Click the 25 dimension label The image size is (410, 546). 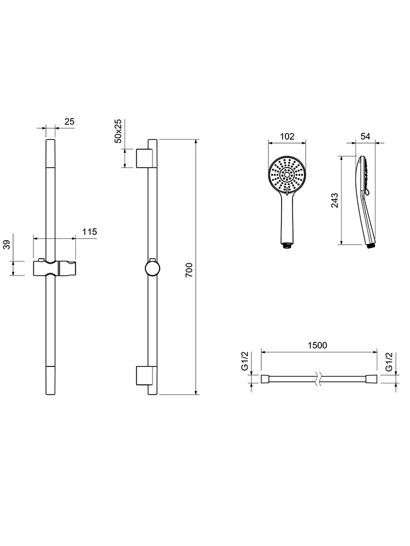pyautogui.click(x=69, y=122)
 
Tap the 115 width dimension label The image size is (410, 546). pyautogui.click(x=89, y=232)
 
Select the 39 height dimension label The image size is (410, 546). pyautogui.click(x=7, y=245)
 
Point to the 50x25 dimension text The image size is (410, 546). pyautogui.click(x=118, y=131)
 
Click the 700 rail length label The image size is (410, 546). pyautogui.click(x=189, y=270)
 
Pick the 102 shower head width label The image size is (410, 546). pyautogui.click(x=287, y=136)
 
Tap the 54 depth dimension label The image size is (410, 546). pyautogui.click(x=365, y=136)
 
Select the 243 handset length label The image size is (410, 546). pyautogui.click(x=335, y=200)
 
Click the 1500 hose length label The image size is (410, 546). pyautogui.click(x=317, y=345)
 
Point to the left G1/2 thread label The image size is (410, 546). pyautogui.click(x=245, y=361)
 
